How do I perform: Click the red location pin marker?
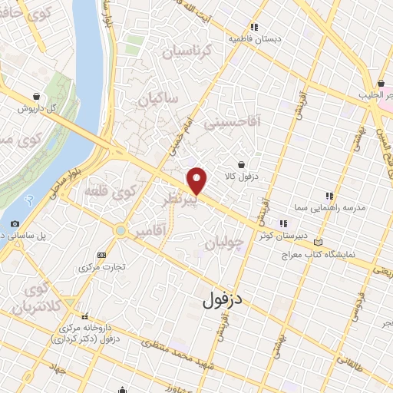tap(198, 180)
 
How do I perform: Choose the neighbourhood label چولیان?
tap(225, 243)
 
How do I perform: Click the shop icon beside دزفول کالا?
tap(241, 163)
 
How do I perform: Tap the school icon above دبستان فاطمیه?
tap(231, 26)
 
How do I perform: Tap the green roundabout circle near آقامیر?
tap(120, 230)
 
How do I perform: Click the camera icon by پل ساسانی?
tap(15, 224)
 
